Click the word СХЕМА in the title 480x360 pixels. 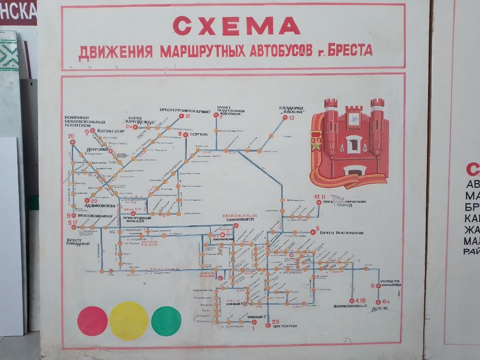coord(236,26)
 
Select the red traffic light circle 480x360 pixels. coord(92,321)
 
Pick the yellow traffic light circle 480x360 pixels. coord(129,321)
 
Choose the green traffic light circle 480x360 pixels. coord(166,321)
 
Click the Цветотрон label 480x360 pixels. coord(284,326)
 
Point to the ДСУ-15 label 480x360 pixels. coord(380,308)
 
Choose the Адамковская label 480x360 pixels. coord(100,206)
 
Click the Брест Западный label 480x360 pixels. coord(78,242)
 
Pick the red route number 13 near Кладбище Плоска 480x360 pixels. coord(291,118)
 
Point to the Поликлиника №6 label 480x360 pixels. coord(350,306)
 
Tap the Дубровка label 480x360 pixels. coord(98,150)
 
